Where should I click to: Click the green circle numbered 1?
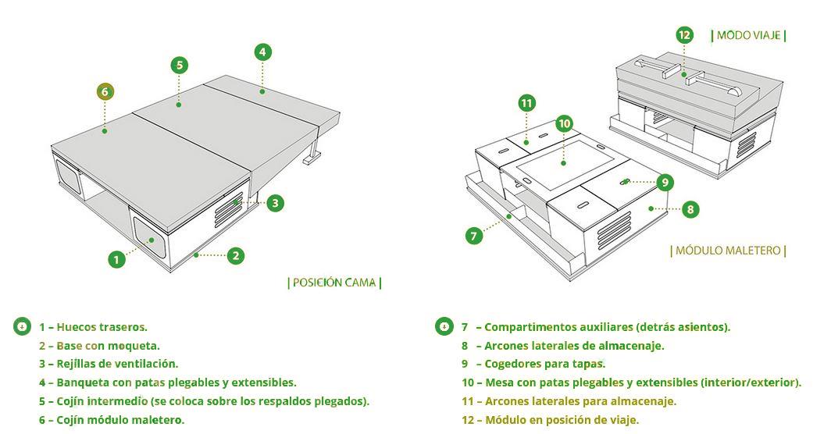click(116, 258)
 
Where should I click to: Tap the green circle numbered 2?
click(236, 255)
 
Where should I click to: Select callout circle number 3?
click(274, 203)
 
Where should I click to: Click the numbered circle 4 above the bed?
click(263, 52)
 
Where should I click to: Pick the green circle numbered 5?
click(179, 65)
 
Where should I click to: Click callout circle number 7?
click(474, 235)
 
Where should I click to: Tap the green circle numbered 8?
click(690, 209)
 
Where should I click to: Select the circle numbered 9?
click(665, 183)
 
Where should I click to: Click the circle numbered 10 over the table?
click(565, 123)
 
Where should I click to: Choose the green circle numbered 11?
click(526, 103)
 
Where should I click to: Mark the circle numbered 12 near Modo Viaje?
click(684, 35)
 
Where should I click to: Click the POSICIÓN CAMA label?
click(334, 283)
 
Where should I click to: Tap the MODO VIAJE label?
click(748, 35)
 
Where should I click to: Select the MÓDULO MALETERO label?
click(728, 251)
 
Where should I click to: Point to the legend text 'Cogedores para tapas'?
click(544, 364)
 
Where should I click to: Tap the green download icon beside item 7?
click(444, 326)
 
